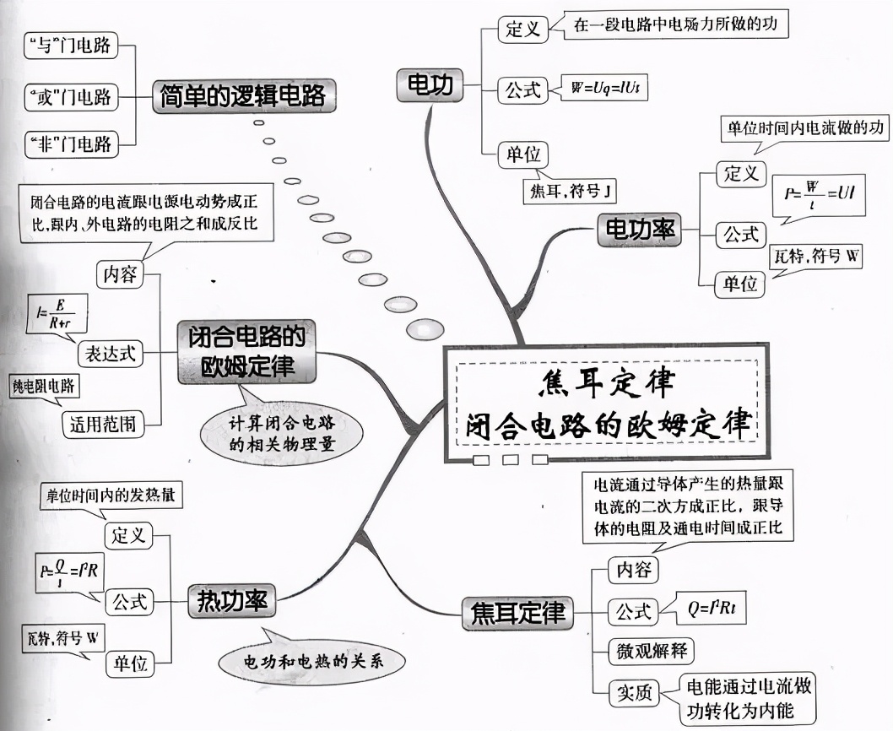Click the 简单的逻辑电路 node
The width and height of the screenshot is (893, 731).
(x=242, y=95)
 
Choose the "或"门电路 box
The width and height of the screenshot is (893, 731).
(x=70, y=95)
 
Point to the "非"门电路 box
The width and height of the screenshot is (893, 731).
(x=70, y=143)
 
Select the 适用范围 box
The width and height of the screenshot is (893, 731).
(x=104, y=423)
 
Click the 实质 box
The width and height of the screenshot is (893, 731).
(x=632, y=693)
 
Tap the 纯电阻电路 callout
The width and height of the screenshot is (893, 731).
(x=44, y=387)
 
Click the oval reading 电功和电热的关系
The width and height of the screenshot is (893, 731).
(x=309, y=660)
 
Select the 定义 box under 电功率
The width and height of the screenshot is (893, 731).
(x=740, y=174)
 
